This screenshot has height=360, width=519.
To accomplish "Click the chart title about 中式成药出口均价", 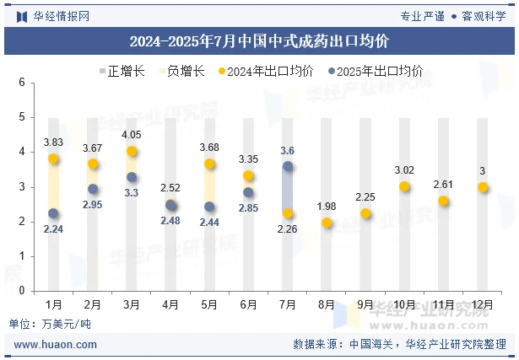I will pos(259,40).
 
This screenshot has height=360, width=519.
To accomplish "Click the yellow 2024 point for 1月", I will pos(54,159).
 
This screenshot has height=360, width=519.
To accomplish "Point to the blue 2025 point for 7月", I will pos(288,167).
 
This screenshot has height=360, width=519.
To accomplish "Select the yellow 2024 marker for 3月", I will pos(132,152).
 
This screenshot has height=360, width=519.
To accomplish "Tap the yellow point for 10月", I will pos(405,186).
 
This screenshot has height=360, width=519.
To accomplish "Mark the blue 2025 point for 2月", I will pos(93,189).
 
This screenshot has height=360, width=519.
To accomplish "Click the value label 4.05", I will pos(131,135).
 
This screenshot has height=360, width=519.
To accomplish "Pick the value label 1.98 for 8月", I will pos(327,207).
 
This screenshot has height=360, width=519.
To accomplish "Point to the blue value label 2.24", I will pos(53,229).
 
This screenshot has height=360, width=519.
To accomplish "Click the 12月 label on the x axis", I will pos(483,303).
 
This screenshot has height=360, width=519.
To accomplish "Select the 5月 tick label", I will pos(209,303).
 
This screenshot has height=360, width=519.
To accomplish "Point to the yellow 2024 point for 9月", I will pos(365,213).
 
